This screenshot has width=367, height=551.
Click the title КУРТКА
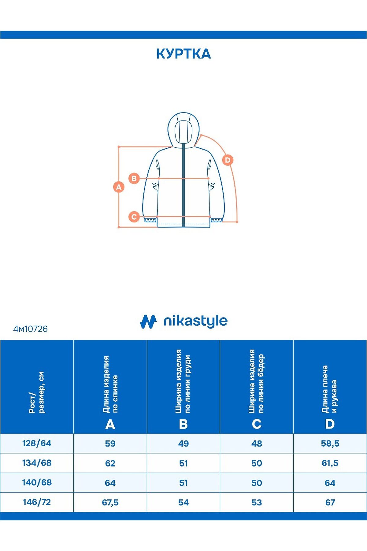pos(183,54)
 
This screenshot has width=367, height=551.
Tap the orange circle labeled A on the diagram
pos(119,187)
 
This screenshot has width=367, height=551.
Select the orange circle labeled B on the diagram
pos(134,178)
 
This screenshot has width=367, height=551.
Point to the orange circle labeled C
pos(134,217)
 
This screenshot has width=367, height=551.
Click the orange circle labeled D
pos(228,160)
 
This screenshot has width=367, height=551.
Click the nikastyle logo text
pos(195,321)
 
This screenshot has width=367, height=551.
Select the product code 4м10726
pos(30,329)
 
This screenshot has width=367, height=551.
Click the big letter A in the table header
pos(110,424)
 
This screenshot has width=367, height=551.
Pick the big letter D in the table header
pos(330,424)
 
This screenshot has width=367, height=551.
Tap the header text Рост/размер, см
pos(37,392)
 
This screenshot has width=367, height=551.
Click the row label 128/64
pos(37,443)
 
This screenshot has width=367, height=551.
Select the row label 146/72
pos(37,502)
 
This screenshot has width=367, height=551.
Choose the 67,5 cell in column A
pos(110,502)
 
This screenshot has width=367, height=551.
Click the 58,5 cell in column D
pos(330,444)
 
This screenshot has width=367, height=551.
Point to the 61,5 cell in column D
pos(330,463)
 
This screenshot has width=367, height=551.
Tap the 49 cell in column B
pos(183,444)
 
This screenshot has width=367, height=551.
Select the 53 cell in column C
pos(257,502)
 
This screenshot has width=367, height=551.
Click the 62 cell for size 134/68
pos(110,463)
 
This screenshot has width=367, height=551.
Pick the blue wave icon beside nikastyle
pos(148,321)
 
